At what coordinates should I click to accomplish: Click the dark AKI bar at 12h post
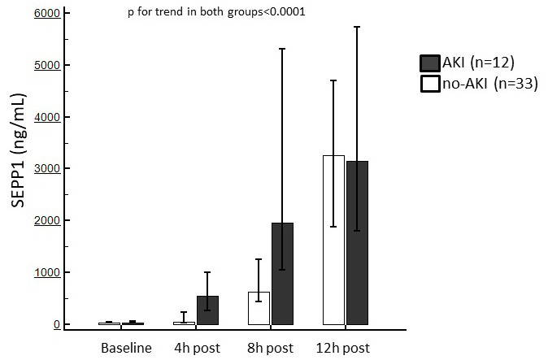tap(357, 243)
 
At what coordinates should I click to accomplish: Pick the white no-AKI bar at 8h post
tap(259, 308)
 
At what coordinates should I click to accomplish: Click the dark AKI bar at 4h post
tap(207, 310)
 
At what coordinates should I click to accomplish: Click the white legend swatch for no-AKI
tap(429, 83)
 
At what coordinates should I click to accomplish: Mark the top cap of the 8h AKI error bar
tap(282, 49)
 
